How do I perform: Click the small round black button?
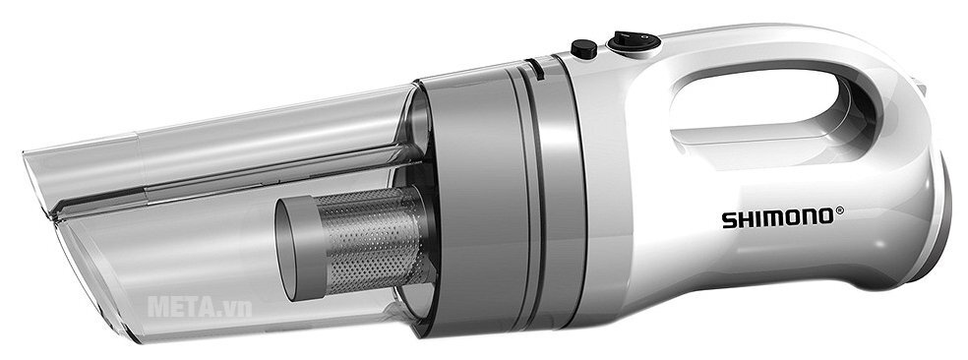click(583, 47)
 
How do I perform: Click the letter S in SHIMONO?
click(729, 221)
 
